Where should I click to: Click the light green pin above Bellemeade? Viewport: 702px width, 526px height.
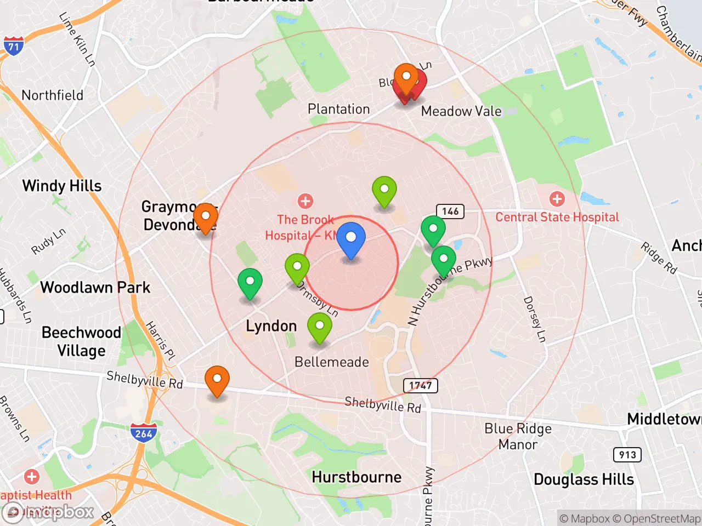coord(319,328)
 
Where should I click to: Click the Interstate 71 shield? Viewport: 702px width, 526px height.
coord(13,47)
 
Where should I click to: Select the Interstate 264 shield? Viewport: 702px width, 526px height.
coord(144,433)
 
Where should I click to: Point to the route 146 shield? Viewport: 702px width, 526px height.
coord(450,211)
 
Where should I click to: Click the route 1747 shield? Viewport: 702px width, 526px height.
coord(421,385)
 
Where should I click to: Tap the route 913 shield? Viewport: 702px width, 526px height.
coord(627,454)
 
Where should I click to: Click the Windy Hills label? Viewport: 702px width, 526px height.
coord(62,186)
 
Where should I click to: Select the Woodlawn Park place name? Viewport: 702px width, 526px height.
coord(95,287)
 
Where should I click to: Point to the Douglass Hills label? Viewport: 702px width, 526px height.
coord(584,479)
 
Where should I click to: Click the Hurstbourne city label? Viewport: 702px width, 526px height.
coord(356,477)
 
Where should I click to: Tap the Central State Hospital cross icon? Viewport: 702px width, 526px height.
coord(557,199)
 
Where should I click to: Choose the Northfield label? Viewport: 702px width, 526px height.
coord(53,95)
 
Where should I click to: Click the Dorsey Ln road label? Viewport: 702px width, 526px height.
coord(535,319)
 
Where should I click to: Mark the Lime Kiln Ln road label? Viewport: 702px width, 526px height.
coord(77,39)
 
